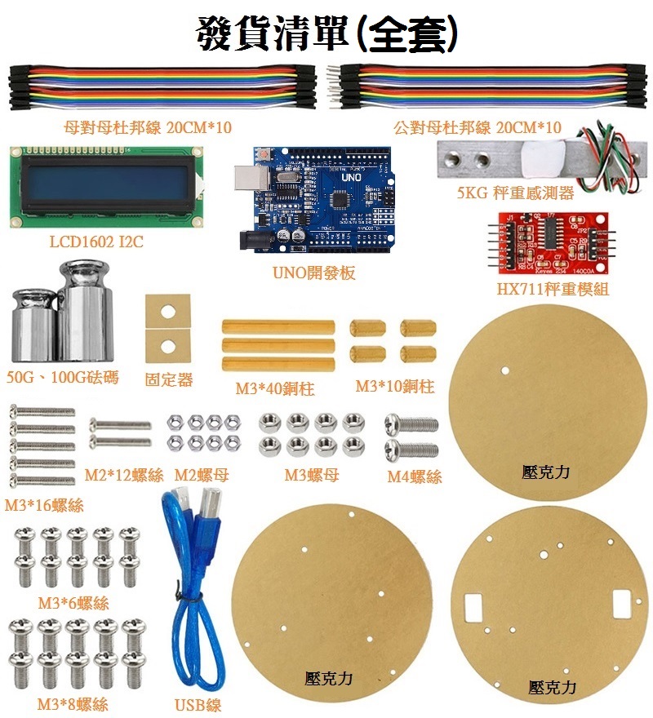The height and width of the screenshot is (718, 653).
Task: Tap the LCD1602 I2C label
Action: [96, 242]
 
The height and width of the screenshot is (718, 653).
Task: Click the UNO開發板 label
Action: [314, 273]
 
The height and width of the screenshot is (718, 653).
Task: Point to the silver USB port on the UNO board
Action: [251, 178]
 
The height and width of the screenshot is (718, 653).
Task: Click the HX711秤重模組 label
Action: [553, 289]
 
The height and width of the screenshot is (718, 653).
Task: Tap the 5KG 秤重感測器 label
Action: [515, 193]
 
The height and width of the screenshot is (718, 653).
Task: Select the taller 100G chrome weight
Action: [85, 311]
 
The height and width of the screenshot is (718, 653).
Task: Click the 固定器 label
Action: [169, 379]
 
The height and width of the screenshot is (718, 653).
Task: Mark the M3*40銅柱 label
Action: [275, 388]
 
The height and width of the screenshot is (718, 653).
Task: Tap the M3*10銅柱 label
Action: [395, 387]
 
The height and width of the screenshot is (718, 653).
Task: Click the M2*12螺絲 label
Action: [124, 476]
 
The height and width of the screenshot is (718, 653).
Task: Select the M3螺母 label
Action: [312, 476]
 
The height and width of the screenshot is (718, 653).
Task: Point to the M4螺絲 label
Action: [415, 476]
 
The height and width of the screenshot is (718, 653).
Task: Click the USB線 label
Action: [198, 705]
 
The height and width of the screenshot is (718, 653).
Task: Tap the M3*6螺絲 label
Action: [73, 603]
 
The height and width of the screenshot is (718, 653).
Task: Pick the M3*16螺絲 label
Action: [44, 505]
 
